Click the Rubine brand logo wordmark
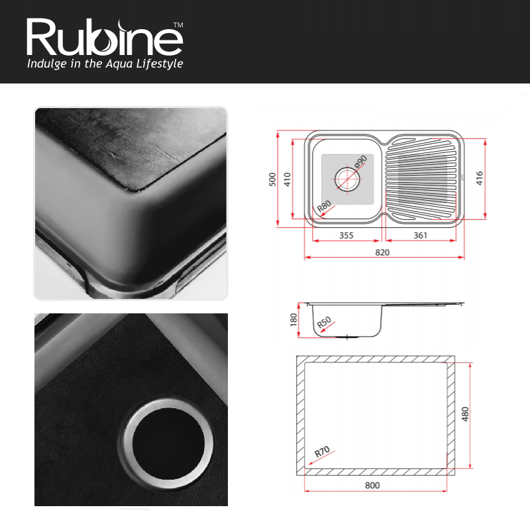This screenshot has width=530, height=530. [x=105, y=37]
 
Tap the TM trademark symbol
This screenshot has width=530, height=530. [x=178, y=25]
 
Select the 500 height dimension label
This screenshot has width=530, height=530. [x=272, y=179]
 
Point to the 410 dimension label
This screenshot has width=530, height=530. [x=288, y=179]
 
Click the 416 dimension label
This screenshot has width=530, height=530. [x=479, y=178]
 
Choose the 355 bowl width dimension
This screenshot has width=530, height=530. [x=346, y=235]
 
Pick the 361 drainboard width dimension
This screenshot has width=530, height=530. [x=421, y=235]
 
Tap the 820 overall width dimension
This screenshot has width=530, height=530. [x=382, y=252]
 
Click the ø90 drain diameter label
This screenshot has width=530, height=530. [x=360, y=162]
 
